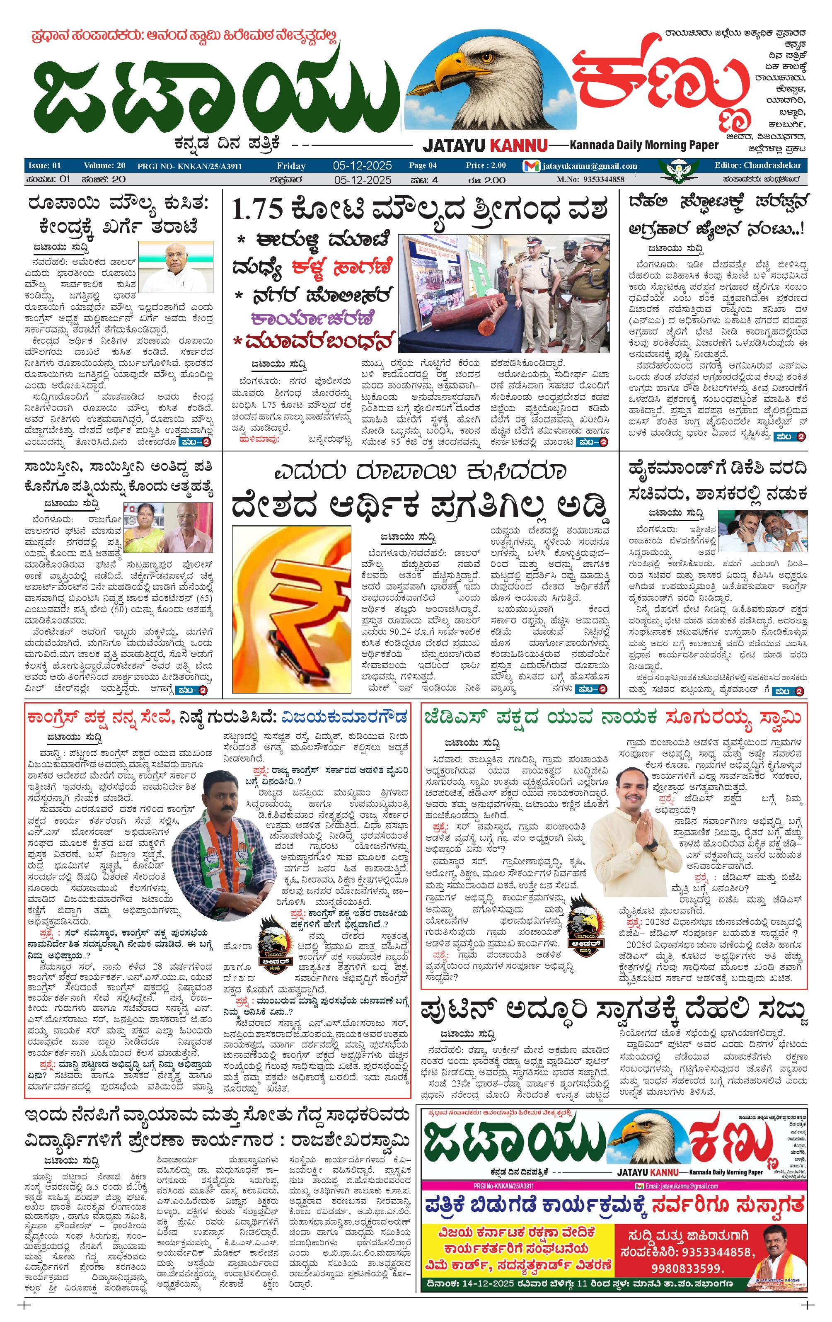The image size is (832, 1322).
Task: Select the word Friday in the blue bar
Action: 291,166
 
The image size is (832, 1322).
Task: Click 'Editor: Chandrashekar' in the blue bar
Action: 757,165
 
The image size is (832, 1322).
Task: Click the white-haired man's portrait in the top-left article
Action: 176,268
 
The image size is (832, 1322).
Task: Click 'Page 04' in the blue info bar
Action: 423,165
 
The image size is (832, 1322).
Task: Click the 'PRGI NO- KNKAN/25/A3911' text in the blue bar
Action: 189,166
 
